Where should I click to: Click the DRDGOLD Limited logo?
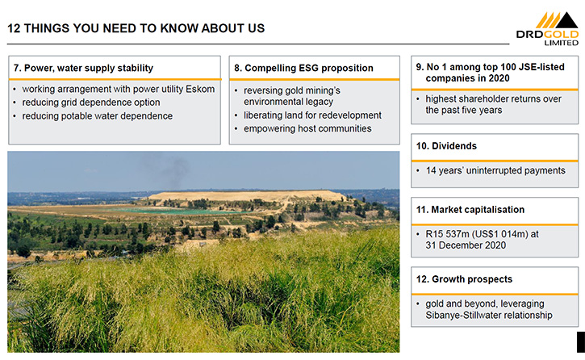click(547, 29)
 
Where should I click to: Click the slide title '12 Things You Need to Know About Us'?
click(136, 28)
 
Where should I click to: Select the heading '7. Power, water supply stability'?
click(83, 68)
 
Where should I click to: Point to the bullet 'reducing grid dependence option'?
click(91, 103)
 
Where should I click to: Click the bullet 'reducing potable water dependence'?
click(98, 116)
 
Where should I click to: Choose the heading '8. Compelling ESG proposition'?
click(303, 68)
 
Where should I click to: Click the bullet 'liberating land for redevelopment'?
click(312, 115)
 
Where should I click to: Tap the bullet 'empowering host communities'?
click(307, 128)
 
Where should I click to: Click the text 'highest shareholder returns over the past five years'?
click(493, 104)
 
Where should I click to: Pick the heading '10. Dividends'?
click(446, 146)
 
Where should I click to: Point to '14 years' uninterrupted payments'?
click(495, 170)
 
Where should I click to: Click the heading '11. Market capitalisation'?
click(470, 210)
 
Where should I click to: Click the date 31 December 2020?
click(466, 245)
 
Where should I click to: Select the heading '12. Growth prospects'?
click(465, 279)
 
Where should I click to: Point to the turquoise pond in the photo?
click(175, 211)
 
